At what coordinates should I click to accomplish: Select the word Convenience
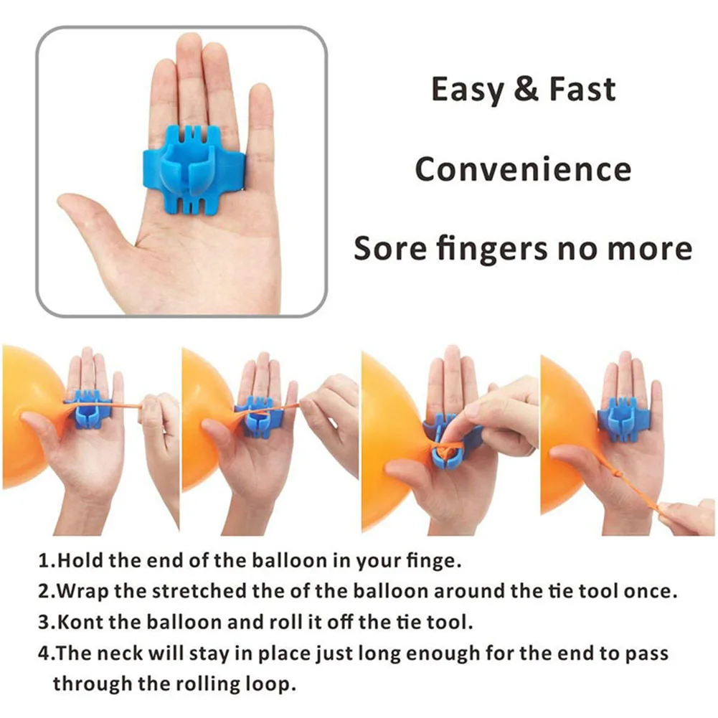pos(523,169)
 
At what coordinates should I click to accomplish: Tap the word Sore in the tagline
pos(387,248)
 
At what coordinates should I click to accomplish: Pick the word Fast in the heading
pos(582,89)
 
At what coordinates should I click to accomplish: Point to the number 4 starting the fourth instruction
pos(44,653)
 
